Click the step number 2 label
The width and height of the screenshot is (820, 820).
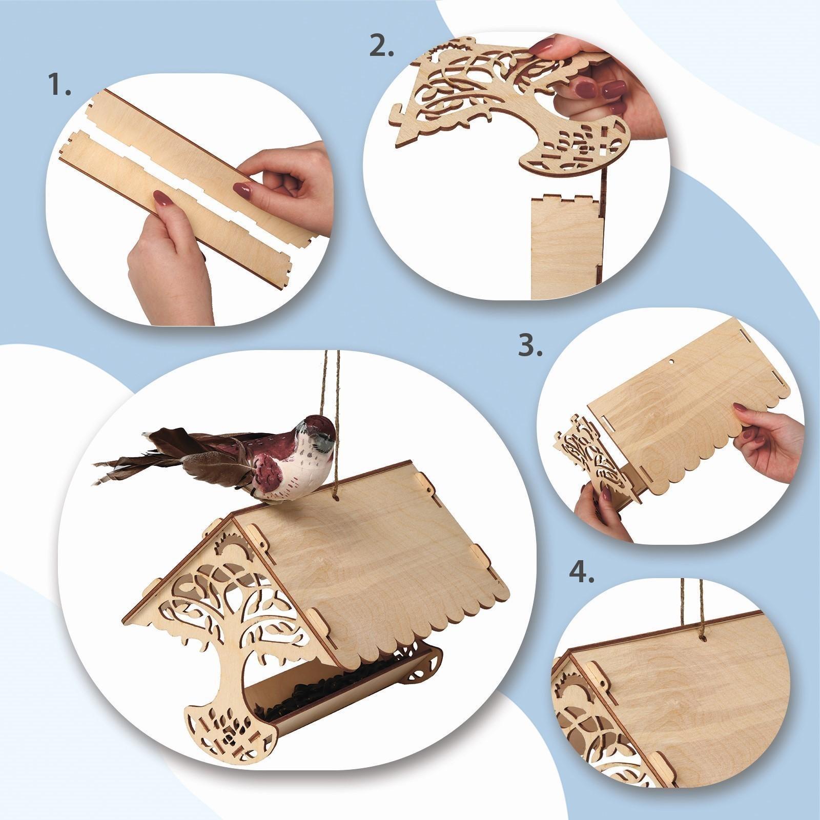tap(382, 47)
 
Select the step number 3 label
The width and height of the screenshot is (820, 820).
tap(529, 346)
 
